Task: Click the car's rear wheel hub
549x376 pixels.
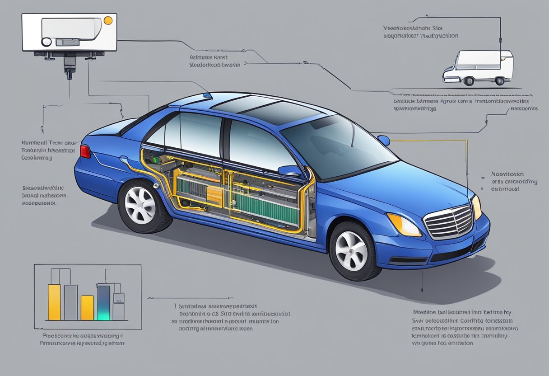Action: (x=140, y=206)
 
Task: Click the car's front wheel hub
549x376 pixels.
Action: (x=352, y=251)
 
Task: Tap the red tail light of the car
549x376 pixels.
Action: (x=85, y=151)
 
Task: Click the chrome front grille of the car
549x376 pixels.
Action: (x=449, y=221)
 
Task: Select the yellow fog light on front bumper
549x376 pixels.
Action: (x=403, y=224)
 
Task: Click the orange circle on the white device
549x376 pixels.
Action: (x=108, y=20)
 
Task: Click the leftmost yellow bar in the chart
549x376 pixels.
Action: (x=54, y=302)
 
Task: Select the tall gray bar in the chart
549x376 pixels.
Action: (x=71, y=302)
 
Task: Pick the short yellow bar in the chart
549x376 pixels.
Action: (x=87, y=307)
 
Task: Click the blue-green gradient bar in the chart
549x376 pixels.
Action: (x=103, y=303)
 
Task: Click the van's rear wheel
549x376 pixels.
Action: (x=469, y=81)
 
